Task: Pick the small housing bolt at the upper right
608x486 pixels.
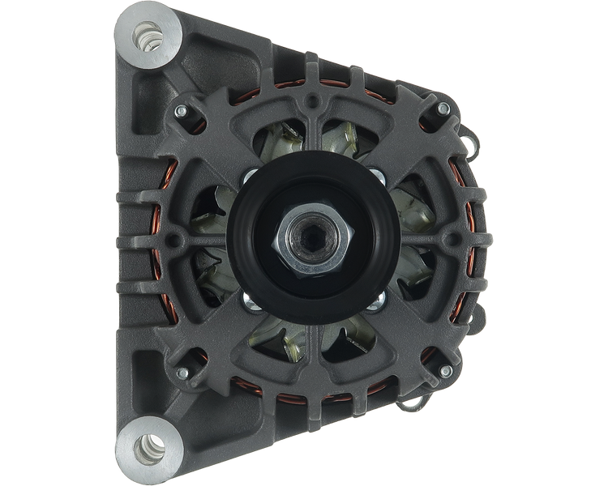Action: point(443,109)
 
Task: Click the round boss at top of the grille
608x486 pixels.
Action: point(311,105)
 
